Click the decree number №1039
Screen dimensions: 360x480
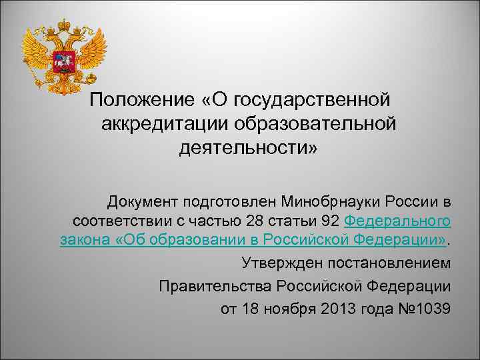point(425,309)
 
